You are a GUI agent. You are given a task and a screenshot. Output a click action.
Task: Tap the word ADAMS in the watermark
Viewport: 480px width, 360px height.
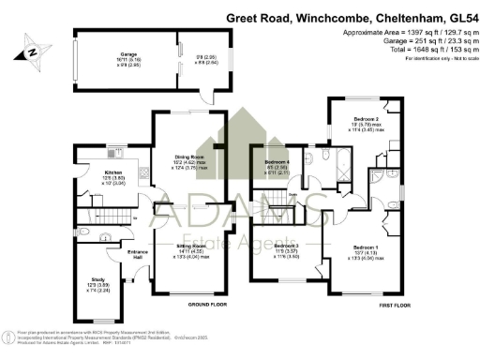click(x=241, y=203)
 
